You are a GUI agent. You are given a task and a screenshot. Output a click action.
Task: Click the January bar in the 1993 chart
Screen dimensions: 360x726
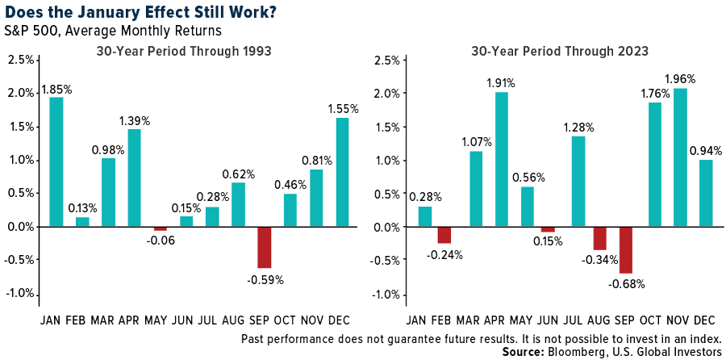tap(56, 161)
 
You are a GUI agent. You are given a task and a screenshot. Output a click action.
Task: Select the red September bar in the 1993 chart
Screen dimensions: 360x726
tap(265, 247)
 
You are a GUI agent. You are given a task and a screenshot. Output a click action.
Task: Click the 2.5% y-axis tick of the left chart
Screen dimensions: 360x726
tap(19, 60)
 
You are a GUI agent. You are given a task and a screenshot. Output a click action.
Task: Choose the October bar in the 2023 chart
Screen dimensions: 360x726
tap(654, 165)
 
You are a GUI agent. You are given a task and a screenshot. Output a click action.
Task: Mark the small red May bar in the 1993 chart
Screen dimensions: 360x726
tap(161, 229)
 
